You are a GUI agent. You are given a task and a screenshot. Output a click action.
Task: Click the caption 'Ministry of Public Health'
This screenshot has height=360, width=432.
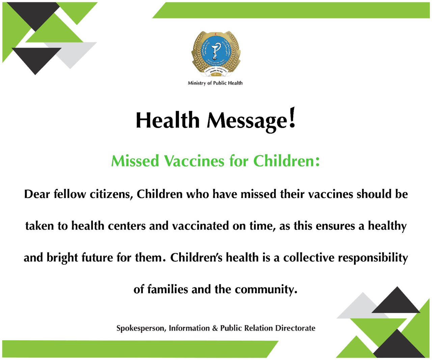215,83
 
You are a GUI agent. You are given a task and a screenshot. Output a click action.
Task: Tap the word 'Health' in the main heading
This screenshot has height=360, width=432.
168,121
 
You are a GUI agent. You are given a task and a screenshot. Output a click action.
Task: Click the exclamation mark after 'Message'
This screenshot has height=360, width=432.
292,118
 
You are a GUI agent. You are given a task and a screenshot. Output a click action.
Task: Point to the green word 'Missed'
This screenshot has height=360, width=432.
135,161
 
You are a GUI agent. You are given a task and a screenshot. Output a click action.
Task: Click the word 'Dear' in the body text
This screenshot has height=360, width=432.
37,194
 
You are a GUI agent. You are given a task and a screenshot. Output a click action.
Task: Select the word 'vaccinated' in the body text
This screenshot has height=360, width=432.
200,226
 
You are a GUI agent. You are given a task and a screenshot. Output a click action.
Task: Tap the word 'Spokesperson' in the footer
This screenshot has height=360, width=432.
141,328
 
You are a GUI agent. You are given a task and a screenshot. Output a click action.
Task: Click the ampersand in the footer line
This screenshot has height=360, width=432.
215,328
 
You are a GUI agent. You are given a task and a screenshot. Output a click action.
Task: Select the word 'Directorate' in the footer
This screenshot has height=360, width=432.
295,328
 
